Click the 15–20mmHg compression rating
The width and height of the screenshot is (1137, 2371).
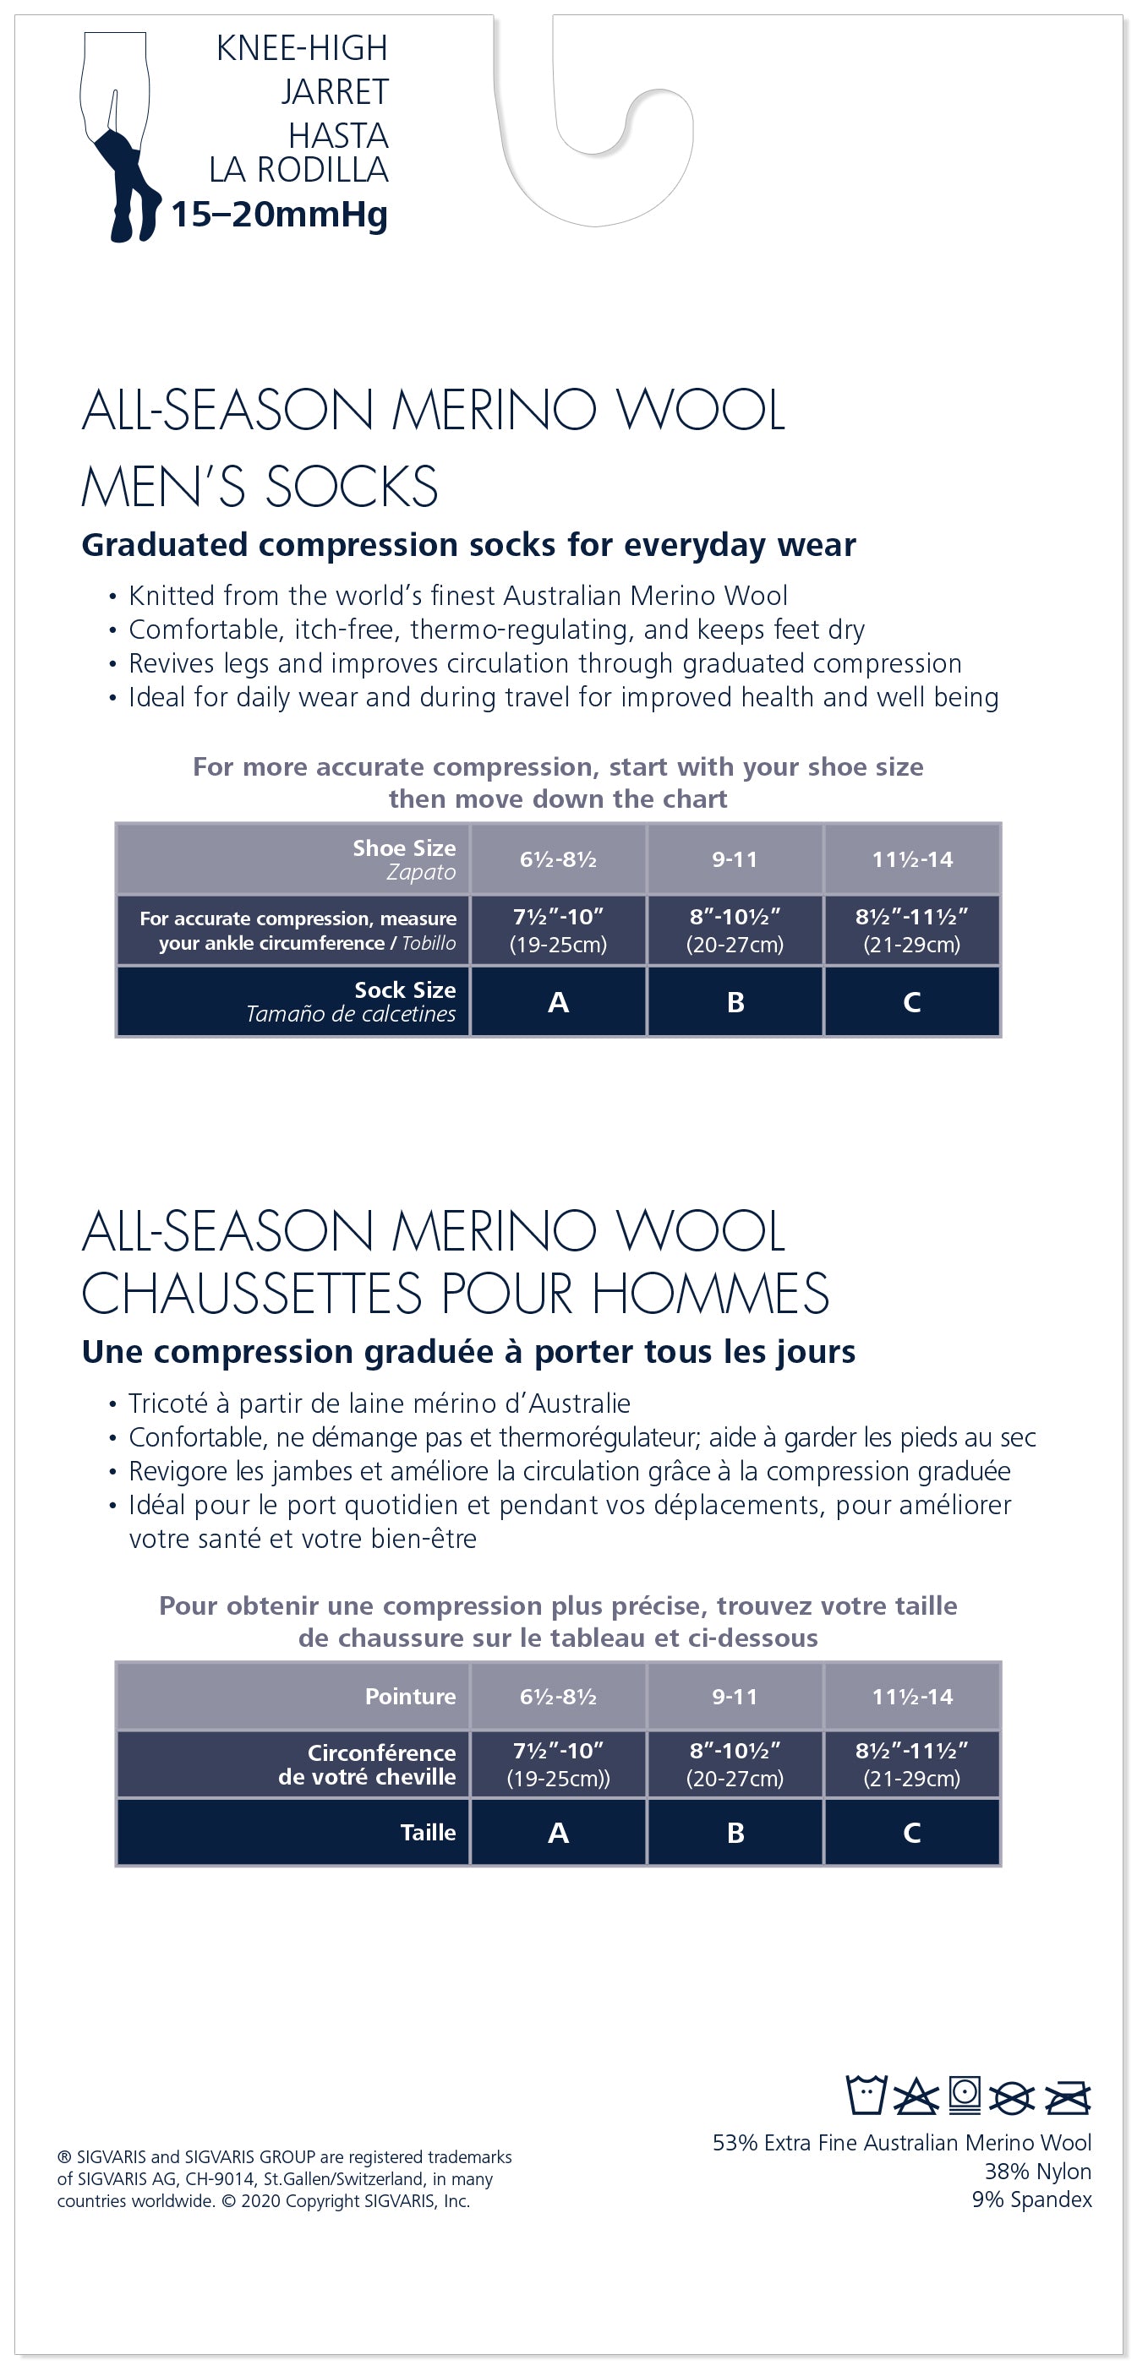pyautogui.click(x=279, y=215)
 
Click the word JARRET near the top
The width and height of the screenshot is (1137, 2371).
pyautogui.click(x=334, y=92)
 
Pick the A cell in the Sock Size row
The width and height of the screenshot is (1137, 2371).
pyautogui.click(x=558, y=1002)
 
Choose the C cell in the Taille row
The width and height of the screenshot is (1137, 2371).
pyautogui.click(x=911, y=1833)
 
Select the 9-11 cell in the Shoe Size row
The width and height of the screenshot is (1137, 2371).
pyautogui.click(x=735, y=859)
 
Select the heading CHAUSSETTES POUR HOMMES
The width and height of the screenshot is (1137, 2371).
pyautogui.click(x=455, y=1293)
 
